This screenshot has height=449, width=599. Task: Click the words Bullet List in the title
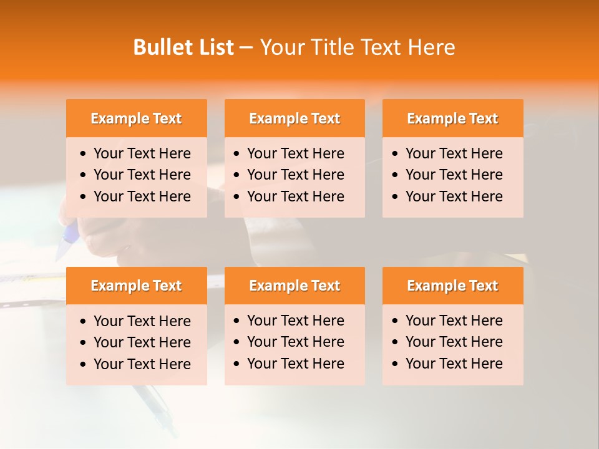point(183,47)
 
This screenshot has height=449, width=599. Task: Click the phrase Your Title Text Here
point(358,47)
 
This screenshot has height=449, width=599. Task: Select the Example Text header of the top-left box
point(136,118)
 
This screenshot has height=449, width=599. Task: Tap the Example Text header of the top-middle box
point(295,118)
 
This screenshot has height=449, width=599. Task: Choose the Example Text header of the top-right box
point(452,118)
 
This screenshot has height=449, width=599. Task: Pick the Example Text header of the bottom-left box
point(136,286)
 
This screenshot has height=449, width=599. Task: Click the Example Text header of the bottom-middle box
point(295,286)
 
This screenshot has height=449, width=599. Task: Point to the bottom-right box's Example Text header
point(452,286)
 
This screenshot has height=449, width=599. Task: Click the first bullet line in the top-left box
point(142,153)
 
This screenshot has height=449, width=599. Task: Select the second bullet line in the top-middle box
point(295,175)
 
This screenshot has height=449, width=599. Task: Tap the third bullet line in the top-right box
point(454,196)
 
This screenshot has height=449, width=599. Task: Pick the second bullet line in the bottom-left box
point(142,342)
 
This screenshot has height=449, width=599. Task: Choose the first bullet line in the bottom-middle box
point(295,321)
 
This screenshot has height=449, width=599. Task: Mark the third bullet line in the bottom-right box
point(454,364)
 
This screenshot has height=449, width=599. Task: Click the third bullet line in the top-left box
point(142,196)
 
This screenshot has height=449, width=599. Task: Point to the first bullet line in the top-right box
point(454,153)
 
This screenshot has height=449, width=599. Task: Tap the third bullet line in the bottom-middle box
point(295,364)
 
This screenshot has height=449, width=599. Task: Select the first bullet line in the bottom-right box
point(454,321)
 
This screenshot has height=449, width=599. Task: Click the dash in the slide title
point(246,48)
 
